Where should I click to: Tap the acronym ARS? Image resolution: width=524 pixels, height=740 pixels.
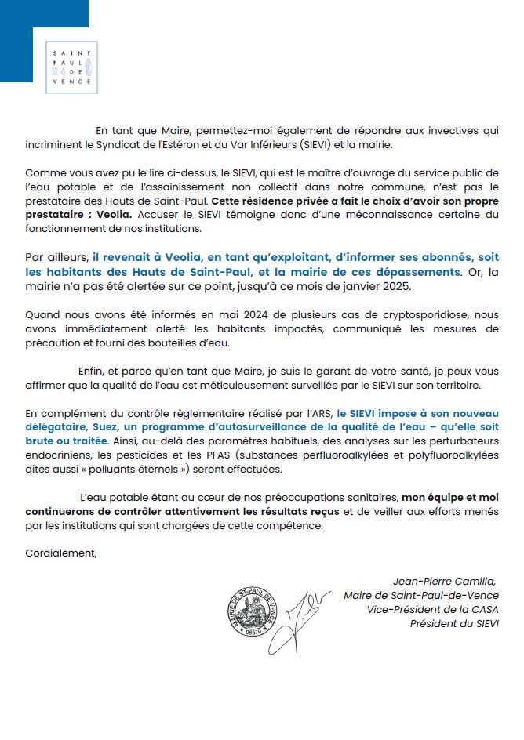(321, 412)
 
